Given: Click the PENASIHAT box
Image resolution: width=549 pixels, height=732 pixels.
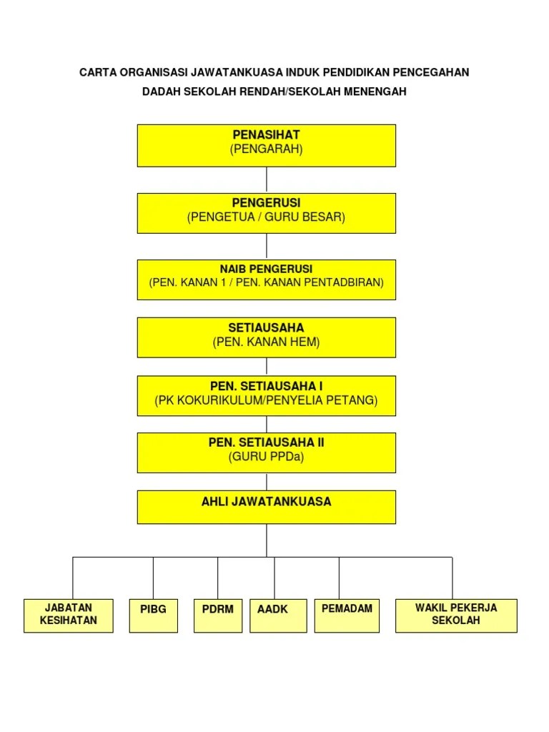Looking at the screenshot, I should click(266, 145).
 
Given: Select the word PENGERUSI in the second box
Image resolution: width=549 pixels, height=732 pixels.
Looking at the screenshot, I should click(266, 203).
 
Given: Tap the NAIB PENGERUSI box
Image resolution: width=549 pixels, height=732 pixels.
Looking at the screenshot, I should click(266, 279).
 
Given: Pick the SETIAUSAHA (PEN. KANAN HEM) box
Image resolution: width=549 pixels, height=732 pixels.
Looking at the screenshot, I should click(266, 337).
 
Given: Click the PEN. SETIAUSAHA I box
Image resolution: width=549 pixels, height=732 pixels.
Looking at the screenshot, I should click(266, 395).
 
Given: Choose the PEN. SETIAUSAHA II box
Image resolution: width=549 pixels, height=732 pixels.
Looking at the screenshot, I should click(266, 452).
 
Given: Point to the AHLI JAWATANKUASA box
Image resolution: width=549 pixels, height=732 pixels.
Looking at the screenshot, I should click(266, 507).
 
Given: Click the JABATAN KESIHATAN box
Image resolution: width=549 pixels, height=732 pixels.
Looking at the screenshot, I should click(69, 615).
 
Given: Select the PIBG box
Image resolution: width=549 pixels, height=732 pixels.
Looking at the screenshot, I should click(153, 615).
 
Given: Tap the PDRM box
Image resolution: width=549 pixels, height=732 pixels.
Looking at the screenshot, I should click(218, 615).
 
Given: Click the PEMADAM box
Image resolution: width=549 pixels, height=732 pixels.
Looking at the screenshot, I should click(347, 615).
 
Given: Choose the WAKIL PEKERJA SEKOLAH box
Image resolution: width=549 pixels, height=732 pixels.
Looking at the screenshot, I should click(456, 615).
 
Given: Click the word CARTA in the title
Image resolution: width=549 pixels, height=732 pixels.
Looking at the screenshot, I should click(97, 72).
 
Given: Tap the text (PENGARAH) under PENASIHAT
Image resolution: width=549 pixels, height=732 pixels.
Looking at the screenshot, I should click(266, 149).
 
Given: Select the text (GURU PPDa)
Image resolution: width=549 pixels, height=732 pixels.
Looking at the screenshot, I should click(266, 457).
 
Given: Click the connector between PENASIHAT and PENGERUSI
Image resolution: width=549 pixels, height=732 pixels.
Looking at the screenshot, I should click(267, 179).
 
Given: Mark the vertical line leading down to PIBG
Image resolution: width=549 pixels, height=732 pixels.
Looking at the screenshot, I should click(153, 578).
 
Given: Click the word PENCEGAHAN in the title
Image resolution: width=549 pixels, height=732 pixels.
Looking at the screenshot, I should click(432, 72).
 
